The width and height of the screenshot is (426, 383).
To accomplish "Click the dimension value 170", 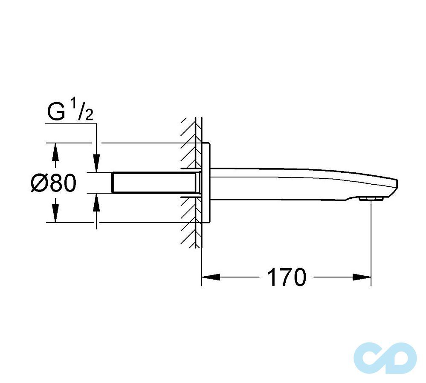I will [x=286, y=277].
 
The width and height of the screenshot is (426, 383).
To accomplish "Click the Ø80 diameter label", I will [x=54, y=183].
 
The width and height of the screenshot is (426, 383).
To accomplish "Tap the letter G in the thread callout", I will [x=55, y=112].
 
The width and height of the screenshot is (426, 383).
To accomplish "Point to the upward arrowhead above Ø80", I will [x=55, y=152].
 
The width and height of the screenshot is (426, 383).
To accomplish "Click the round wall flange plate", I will [x=207, y=183].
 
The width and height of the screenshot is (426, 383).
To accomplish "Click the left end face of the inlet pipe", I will [x=113, y=183].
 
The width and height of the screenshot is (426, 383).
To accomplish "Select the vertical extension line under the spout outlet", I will [x=371, y=238].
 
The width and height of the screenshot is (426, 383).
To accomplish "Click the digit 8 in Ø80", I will [x=57, y=183].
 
